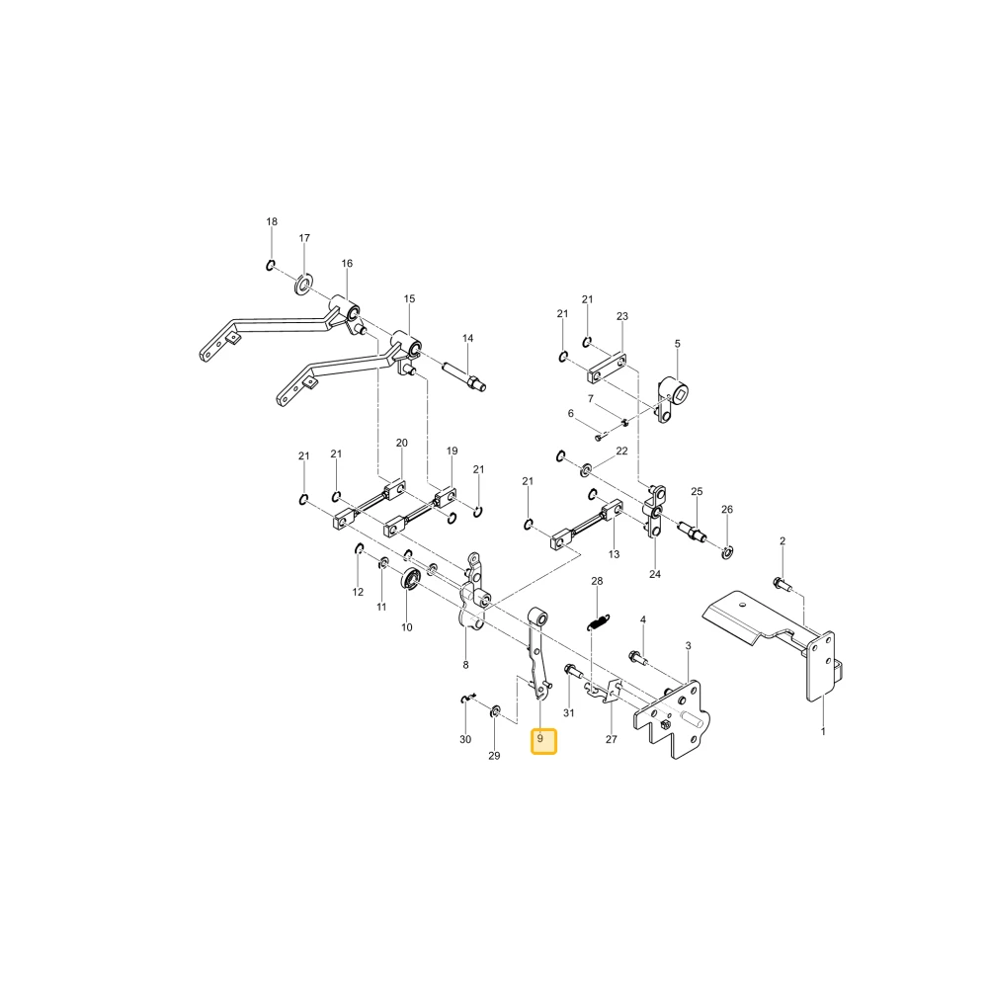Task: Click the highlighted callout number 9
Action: click(540, 738)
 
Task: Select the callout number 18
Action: click(272, 221)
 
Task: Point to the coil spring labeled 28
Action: click(598, 621)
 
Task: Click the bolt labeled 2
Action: click(782, 583)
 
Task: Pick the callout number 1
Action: click(823, 731)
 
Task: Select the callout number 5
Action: click(678, 344)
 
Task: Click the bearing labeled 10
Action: click(411, 578)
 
